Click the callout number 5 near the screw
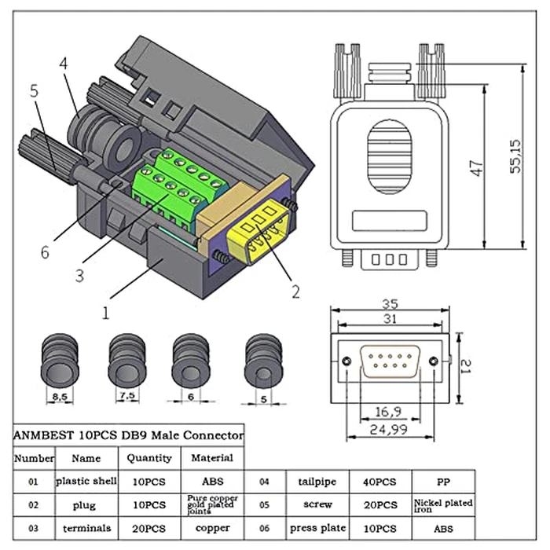tap(35, 90)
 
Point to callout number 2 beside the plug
tap(295, 291)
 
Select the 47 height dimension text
tap(476, 169)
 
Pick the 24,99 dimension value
tap(390, 430)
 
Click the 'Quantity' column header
tap(149, 457)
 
